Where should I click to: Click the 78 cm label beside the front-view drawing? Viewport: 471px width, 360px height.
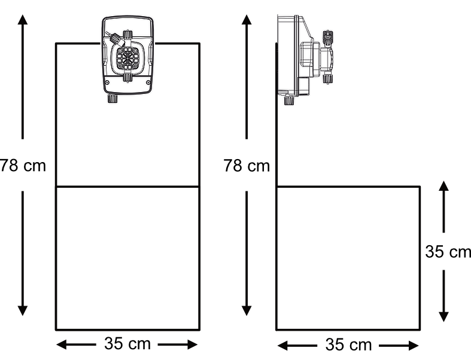click(x=22, y=166)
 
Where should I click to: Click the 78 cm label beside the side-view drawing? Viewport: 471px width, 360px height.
click(x=247, y=166)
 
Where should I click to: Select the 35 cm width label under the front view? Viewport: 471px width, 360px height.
click(x=127, y=344)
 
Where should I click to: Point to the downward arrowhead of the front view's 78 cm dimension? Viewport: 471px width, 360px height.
click(x=23, y=309)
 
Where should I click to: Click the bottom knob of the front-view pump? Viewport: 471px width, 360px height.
click(x=112, y=99)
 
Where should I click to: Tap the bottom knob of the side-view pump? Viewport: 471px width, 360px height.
click(x=289, y=100)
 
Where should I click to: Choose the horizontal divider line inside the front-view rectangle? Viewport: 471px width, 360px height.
click(x=127, y=187)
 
